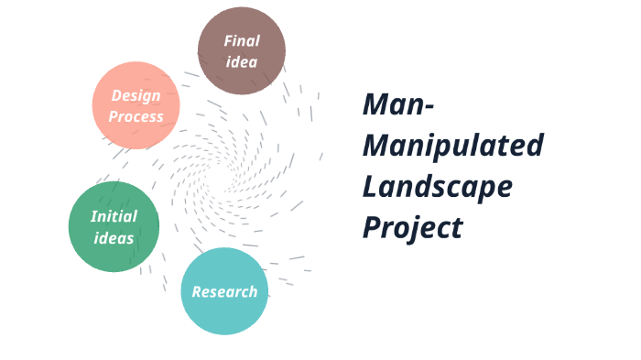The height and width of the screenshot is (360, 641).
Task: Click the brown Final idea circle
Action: [242, 50]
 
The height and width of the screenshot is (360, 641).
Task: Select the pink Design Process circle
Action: [136, 105]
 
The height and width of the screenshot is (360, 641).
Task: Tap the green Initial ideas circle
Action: [114, 226]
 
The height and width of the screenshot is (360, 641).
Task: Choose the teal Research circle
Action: [224, 291]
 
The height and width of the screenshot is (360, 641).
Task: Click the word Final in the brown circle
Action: [242, 40]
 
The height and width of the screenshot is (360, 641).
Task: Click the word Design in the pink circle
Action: [136, 94]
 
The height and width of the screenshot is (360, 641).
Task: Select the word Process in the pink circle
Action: [136, 116]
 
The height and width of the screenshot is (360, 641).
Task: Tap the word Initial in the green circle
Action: [114, 216]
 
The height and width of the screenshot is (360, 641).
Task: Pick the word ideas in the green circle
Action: [113, 238]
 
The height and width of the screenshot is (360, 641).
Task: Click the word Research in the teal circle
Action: [224, 292]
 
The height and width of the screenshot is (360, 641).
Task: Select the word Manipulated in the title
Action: [452, 145]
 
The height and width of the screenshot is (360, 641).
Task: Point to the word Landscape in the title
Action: [437, 186]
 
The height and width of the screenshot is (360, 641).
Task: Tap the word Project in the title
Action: [412, 226]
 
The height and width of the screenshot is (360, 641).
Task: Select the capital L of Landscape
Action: [370, 185]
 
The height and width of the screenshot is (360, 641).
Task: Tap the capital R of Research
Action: [197, 292]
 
